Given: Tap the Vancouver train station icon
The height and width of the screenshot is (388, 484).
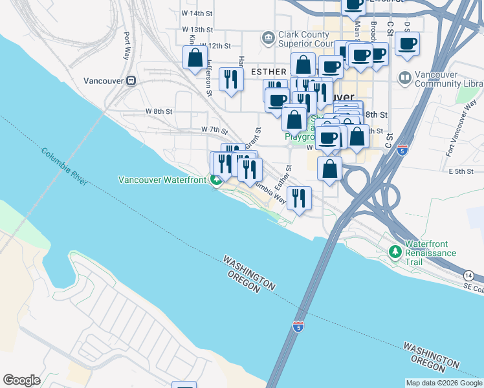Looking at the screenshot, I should pyautogui.click(x=131, y=81).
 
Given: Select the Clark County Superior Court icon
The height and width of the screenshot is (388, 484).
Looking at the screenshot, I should pyautogui.click(x=268, y=39).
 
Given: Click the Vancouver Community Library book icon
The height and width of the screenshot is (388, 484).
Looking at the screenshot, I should pyautogui.click(x=405, y=78).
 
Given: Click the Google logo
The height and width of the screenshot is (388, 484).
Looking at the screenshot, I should pyautogui.click(x=21, y=380).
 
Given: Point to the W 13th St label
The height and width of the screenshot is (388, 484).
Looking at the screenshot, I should pyautogui.click(x=197, y=30).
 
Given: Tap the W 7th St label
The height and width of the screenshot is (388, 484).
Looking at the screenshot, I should pyautogui.click(x=214, y=130).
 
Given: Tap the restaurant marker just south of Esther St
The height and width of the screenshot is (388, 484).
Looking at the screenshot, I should pyautogui.click(x=298, y=198).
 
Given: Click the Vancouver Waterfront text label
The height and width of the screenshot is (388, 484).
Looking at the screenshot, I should pyautogui.click(x=162, y=179).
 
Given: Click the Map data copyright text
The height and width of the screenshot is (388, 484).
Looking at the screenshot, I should pyautogui.click(x=443, y=383).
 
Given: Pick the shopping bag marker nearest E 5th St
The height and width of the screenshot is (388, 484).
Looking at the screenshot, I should pyautogui.click(x=329, y=169).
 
